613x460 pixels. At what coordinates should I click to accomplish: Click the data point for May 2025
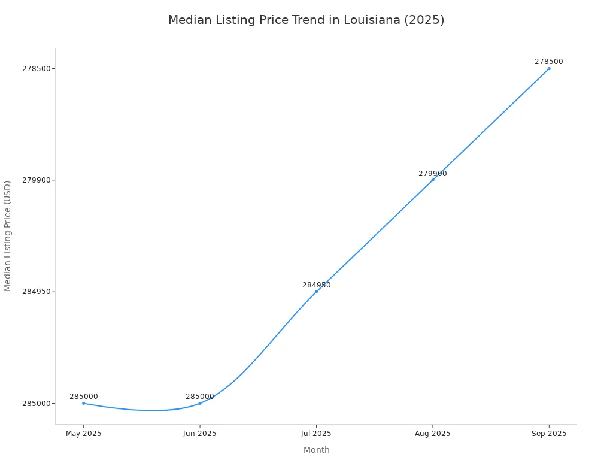click(83, 403)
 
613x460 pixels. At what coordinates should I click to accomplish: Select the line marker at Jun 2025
click(200, 403)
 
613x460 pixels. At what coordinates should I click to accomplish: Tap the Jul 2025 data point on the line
click(316, 292)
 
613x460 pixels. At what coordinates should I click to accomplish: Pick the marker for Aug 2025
click(433, 180)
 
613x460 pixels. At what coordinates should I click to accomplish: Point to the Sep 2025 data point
click(549, 68)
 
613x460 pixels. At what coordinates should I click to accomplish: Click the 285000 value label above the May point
click(84, 397)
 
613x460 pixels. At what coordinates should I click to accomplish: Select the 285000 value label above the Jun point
click(200, 397)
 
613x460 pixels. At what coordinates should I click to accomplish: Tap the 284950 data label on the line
click(316, 285)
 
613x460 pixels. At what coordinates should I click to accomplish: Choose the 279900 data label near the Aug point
click(433, 174)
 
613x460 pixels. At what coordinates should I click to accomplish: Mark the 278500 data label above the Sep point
click(549, 62)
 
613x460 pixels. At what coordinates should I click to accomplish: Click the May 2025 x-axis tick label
click(83, 433)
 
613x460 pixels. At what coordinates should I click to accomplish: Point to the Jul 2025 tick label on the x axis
click(316, 433)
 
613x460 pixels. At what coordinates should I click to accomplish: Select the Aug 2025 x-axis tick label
click(433, 433)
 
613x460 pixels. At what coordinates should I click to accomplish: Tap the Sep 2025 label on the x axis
click(549, 433)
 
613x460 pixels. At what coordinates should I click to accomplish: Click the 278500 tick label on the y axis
click(35, 68)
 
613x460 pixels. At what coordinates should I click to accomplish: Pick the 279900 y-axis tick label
click(35, 180)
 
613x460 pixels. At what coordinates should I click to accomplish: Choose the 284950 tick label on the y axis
click(35, 292)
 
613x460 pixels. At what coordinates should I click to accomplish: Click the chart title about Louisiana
click(306, 20)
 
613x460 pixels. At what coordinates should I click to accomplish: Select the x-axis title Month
click(316, 450)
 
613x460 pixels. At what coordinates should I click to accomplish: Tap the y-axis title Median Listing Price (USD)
click(8, 236)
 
